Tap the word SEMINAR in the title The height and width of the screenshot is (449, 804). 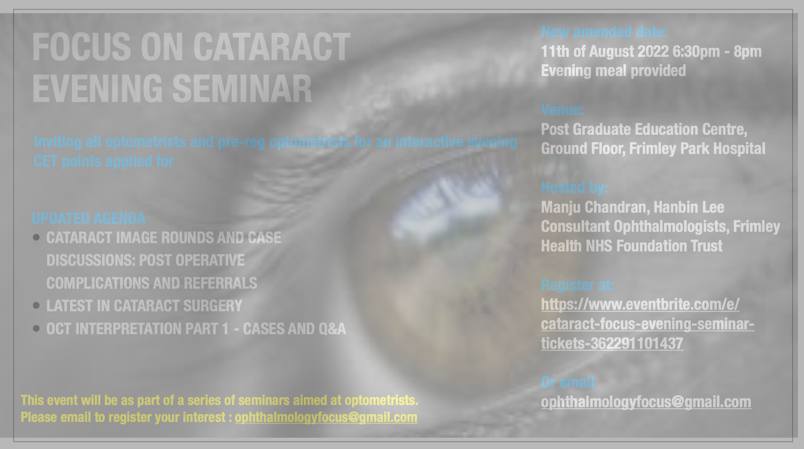tap(242, 89)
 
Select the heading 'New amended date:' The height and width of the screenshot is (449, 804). tap(604, 32)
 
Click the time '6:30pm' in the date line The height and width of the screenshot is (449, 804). tap(696, 52)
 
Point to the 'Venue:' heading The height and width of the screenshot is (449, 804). tap(562, 110)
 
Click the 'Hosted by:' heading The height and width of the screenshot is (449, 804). tap(574, 188)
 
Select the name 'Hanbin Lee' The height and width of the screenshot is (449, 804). tap(689, 207)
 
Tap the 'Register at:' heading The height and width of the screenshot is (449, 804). tap(578, 285)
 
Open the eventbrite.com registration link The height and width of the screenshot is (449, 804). tap(648, 324)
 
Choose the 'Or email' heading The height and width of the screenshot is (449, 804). tap(567, 382)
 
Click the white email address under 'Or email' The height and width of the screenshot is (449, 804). tap(646, 402)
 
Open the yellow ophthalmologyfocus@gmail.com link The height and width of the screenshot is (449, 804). tap(326, 417)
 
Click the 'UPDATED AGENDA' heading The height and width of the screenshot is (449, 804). tap(89, 218)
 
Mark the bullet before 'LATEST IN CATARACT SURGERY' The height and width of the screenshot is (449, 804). tap(37, 305)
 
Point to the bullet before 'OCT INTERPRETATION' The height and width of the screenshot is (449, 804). tap(37, 328)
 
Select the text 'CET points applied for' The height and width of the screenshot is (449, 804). tap(104, 162)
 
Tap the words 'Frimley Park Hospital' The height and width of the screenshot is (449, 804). tap(697, 149)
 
